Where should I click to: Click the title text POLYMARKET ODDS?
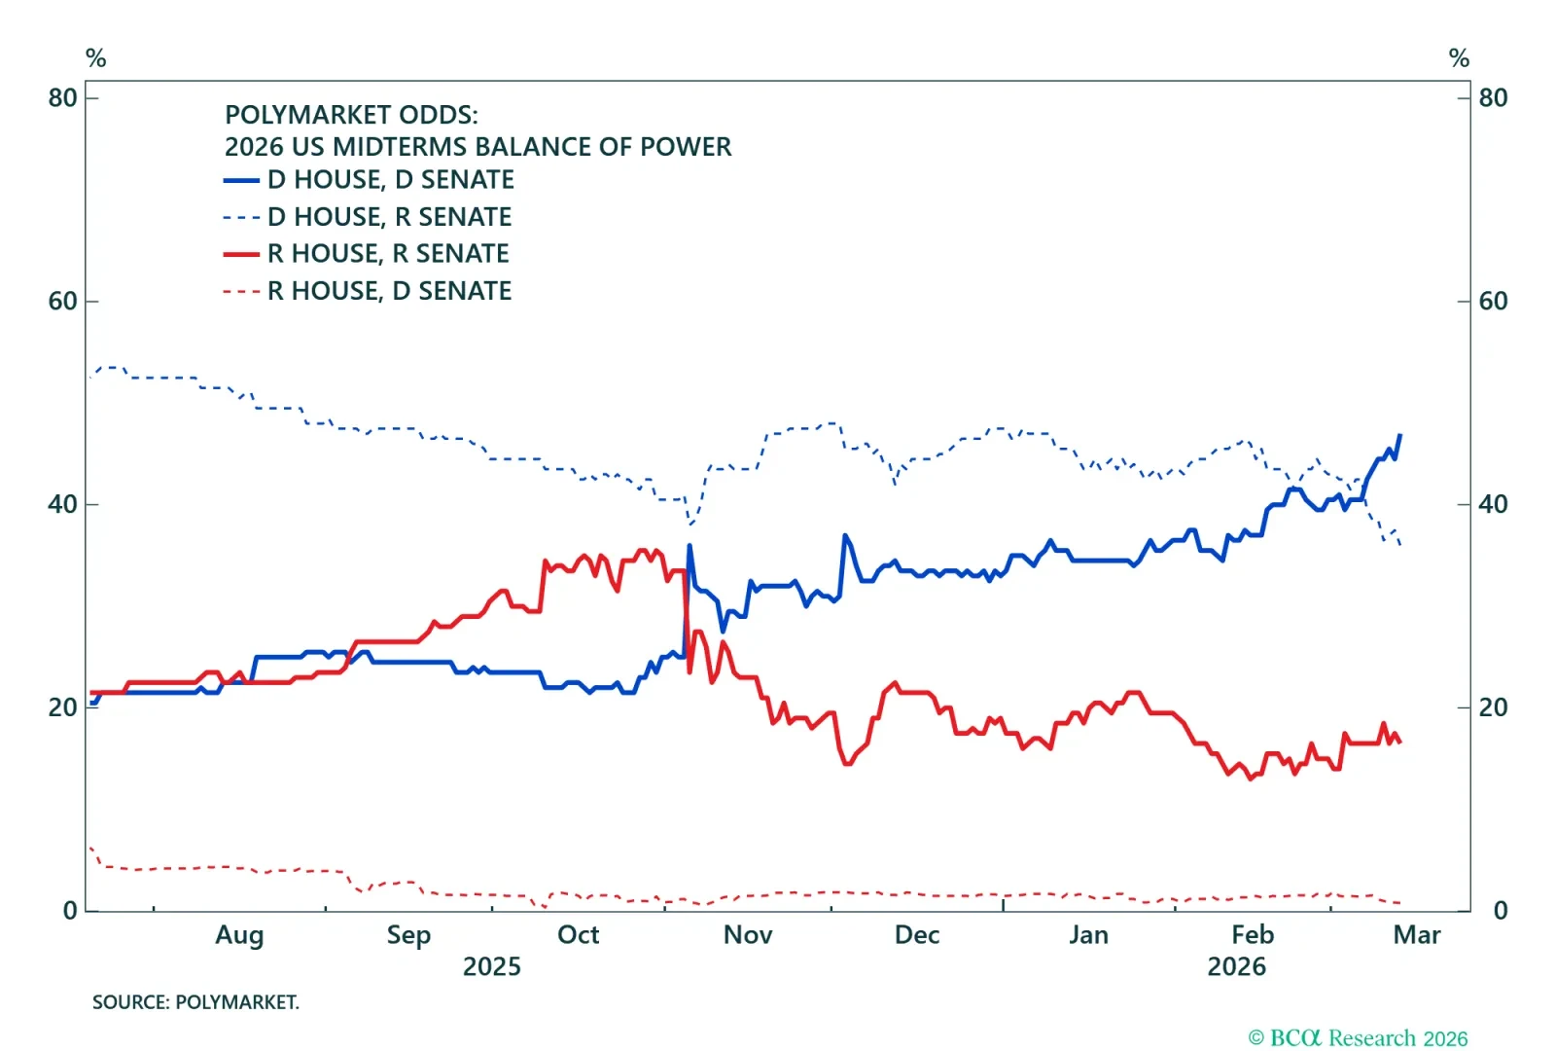[x=351, y=115]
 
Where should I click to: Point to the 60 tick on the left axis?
[x=63, y=302]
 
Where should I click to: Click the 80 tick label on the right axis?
[x=1493, y=98]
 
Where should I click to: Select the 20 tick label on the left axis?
[x=63, y=708]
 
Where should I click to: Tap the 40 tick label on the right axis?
[x=1493, y=505]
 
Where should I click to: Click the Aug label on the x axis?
[x=239, y=935]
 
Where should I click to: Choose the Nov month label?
[x=748, y=935]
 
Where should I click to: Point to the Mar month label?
[x=1416, y=935]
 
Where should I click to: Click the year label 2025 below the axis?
[x=491, y=967]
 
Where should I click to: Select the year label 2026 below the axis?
[x=1236, y=967]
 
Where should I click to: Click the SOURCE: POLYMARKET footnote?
[x=195, y=1002]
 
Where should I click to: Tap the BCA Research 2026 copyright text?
[x=1358, y=1038]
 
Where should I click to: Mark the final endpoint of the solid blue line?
[x=1399, y=436]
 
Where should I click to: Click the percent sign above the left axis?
[x=95, y=58]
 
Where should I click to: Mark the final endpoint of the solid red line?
[x=1399, y=743]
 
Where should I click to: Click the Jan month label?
[x=1088, y=935]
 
